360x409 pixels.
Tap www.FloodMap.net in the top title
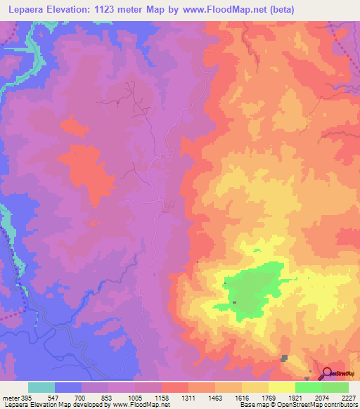click(x=226, y=9)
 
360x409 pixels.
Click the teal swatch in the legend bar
click(x=41, y=387)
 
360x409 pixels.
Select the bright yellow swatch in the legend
click(x=281, y=387)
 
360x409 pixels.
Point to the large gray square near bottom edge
click(x=284, y=358)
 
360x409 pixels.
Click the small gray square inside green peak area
click(x=235, y=303)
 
